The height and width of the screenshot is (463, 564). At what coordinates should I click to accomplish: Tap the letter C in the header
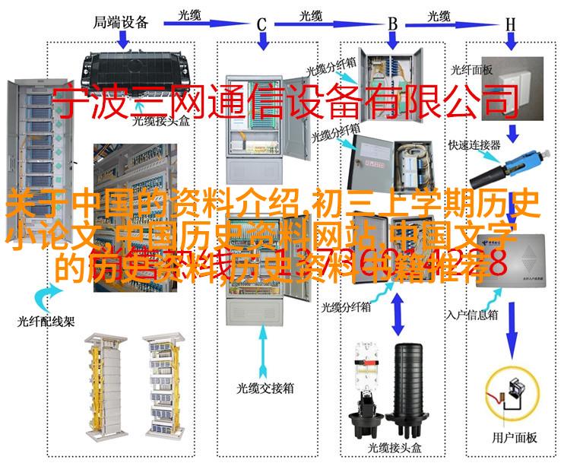[x=261, y=24]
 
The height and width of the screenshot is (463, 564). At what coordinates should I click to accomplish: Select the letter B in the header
[x=393, y=24]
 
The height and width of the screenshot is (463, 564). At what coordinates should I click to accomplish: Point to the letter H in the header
[x=510, y=24]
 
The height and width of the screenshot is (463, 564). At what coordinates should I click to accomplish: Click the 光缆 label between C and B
[x=311, y=14]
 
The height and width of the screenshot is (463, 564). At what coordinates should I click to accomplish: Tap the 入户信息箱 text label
[x=473, y=312]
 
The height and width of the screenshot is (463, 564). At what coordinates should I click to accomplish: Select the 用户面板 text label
[x=515, y=437]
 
